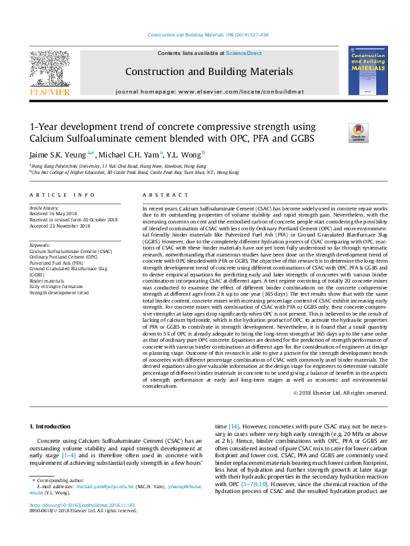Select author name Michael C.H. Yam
pyautogui.click(x=132, y=155)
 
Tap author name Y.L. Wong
pyautogui.click(x=185, y=155)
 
